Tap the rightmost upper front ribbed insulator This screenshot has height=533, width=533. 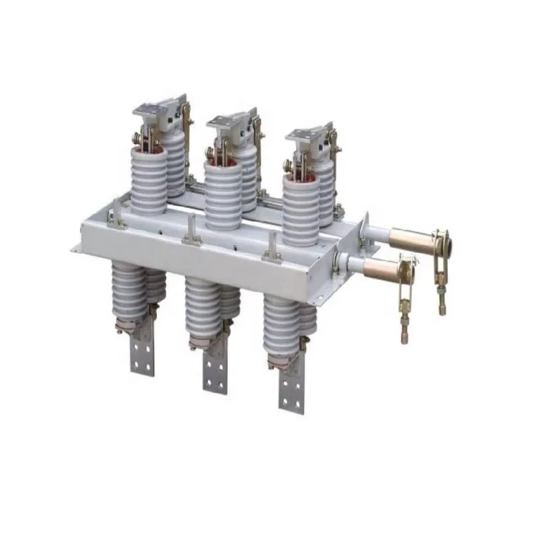pos(302,209)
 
